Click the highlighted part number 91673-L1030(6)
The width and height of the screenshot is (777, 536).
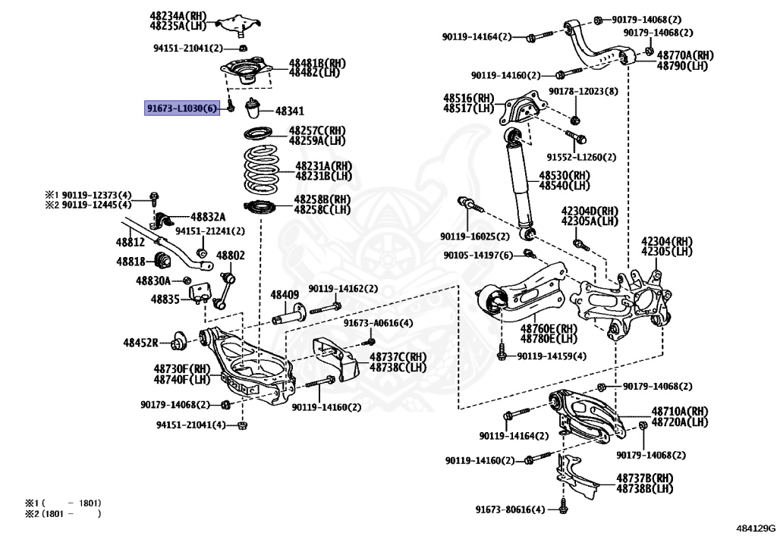(x=182, y=108)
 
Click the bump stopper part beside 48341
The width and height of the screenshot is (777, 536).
(x=252, y=109)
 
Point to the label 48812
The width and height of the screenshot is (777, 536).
(x=130, y=242)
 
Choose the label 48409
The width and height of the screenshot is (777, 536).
(x=285, y=294)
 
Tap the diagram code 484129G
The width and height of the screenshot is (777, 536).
(x=754, y=526)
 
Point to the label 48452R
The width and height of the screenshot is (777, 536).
(x=142, y=343)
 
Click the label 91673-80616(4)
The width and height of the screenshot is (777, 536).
(x=510, y=509)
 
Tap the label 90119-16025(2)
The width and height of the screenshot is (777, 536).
(x=477, y=236)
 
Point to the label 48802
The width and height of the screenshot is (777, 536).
(x=230, y=256)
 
